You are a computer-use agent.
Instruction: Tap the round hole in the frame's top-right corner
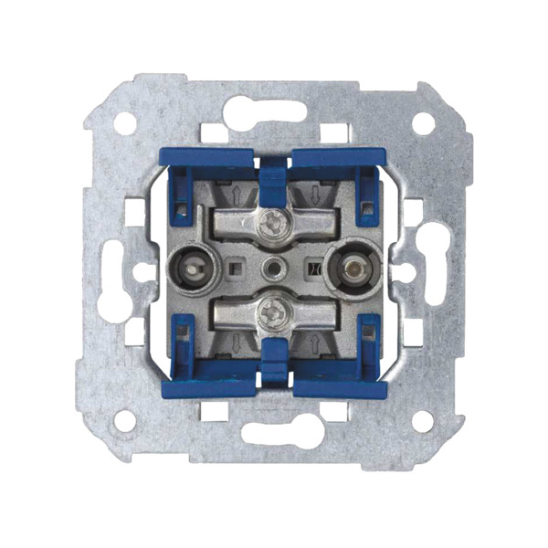pos(423,122)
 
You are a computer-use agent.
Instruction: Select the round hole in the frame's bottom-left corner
pos(125,420)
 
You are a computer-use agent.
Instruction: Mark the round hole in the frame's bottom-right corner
pos(423,420)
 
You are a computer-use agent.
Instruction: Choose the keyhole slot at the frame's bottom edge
pos(273,432)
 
